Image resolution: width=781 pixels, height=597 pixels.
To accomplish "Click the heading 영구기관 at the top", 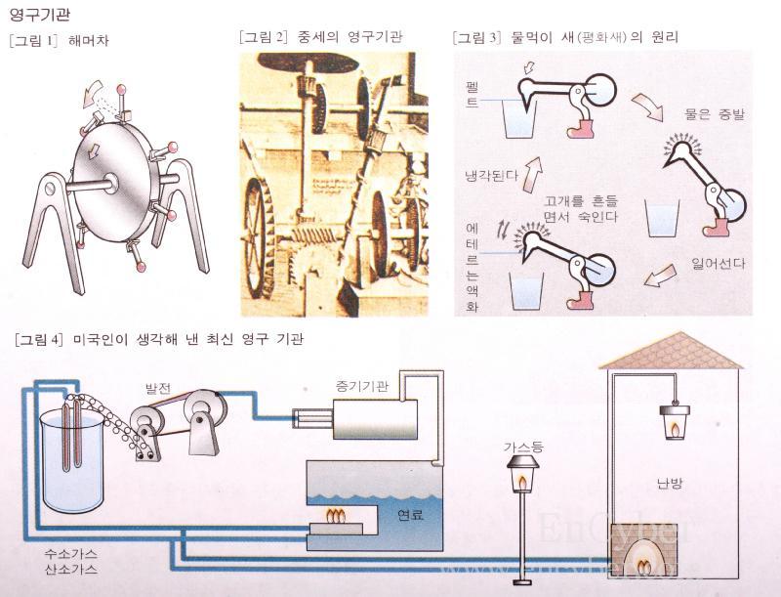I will tap(38, 15).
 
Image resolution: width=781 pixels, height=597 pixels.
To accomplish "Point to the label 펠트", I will tap(473, 94).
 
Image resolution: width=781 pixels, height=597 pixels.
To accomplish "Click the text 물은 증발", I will tap(715, 114).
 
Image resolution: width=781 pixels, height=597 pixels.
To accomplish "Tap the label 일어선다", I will tap(719, 264).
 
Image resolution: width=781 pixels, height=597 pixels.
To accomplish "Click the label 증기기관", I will tap(359, 387).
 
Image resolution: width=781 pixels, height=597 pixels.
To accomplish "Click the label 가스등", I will tap(521, 446).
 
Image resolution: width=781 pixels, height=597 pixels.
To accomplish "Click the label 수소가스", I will tap(70, 553).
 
